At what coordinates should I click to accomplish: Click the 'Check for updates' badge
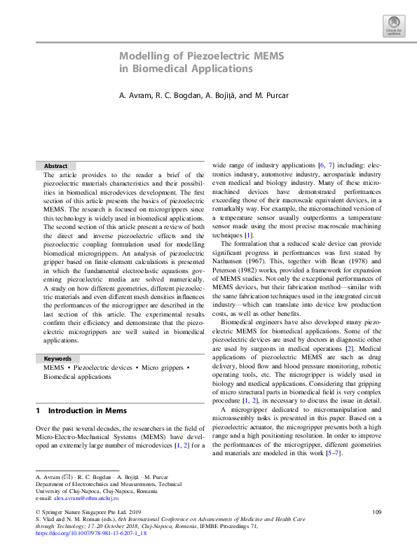pyautogui.click(x=393, y=27)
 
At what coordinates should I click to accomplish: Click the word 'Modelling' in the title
pyautogui.click(x=144, y=55)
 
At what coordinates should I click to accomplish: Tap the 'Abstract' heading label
pyautogui.click(x=56, y=166)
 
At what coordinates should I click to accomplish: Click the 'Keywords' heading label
pyautogui.click(x=58, y=359)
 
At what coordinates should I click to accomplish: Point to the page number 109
pyautogui.click(x=376, y=513)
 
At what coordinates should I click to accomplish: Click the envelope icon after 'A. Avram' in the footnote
pyautogui.click(x=65, y=476)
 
